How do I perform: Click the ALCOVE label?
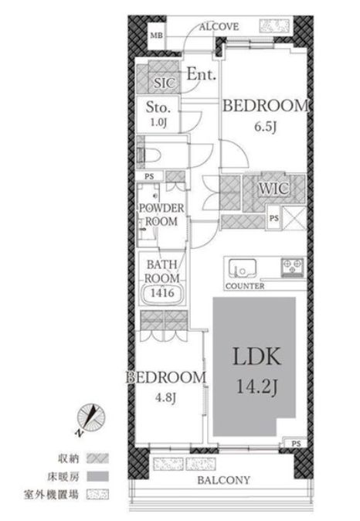coord(219,26)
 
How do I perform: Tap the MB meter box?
coord(156,35)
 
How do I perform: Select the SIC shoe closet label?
coord(164,83)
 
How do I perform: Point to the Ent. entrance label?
coord(202,74)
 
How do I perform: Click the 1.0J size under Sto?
coord(158,122)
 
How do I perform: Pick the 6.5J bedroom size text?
coord(265,127)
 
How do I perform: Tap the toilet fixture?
coord(150,155)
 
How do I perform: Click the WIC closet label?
coord(273,189)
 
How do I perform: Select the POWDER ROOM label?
coord(161,215)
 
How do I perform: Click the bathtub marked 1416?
coord(162,293)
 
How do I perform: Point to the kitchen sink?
coord(243,268)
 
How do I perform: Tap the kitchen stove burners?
coord(292,267)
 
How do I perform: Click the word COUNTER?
coord(245,286)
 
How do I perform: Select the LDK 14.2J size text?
coord(257,386)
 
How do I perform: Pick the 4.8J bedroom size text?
coord(165,397)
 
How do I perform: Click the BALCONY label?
coord(223,480)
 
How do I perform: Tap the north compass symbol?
coord(90,417)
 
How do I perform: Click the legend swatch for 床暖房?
coord(97,477)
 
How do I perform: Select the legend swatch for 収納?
coord(97,458)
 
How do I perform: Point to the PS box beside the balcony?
coord(296,444)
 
